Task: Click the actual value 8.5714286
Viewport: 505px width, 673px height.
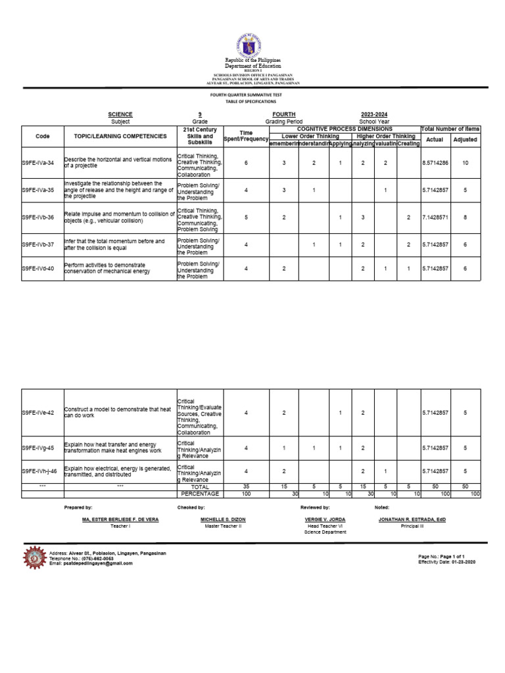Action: pyautogui.click(x=435, y=162)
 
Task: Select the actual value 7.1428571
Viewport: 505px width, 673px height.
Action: pyautogui.click(x=435, y=217)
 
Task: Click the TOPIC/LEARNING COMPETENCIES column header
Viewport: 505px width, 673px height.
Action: pyautogui.click(x=120, y=136)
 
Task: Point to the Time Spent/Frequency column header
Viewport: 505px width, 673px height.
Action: pyautogui.click(x=245, y=136)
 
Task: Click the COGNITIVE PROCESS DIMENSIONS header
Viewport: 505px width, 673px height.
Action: pyautogui.click(x=345, y=129)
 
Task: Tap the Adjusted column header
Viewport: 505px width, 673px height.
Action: pyautogui.click(x=466, y=139)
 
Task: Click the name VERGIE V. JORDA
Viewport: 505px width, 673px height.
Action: pyautogui.click(x=324, y=519)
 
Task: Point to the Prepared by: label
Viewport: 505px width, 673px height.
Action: pyautogui.click(x=78, y=507)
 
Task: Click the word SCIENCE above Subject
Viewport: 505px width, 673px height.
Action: pyautogui.click(x=120, y=114)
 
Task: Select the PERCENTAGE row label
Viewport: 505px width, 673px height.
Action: pyautogui.click(x=200, y=494)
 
